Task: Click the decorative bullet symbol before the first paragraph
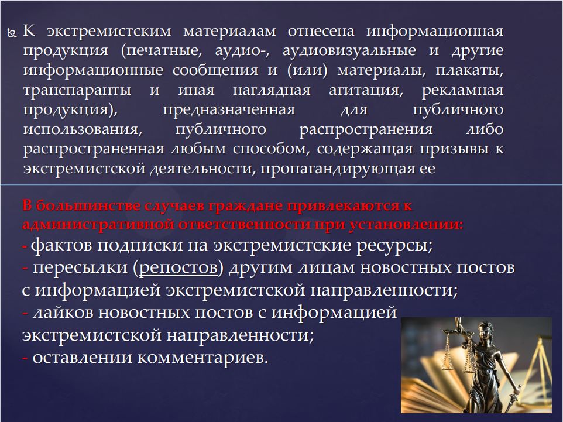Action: (x=12, y=33)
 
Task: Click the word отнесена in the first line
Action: (x=321, y=31)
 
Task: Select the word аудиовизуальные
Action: (x=349, y=51)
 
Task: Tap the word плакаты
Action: (x=469, y=71)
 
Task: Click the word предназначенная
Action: (x=229, y=110)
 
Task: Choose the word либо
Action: (x=485, y=129)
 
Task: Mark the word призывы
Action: (x=454, y=149)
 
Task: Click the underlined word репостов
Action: (x=178, y=268)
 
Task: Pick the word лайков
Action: (x=63, y=313)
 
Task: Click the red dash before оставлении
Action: (x=25, y=358)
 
